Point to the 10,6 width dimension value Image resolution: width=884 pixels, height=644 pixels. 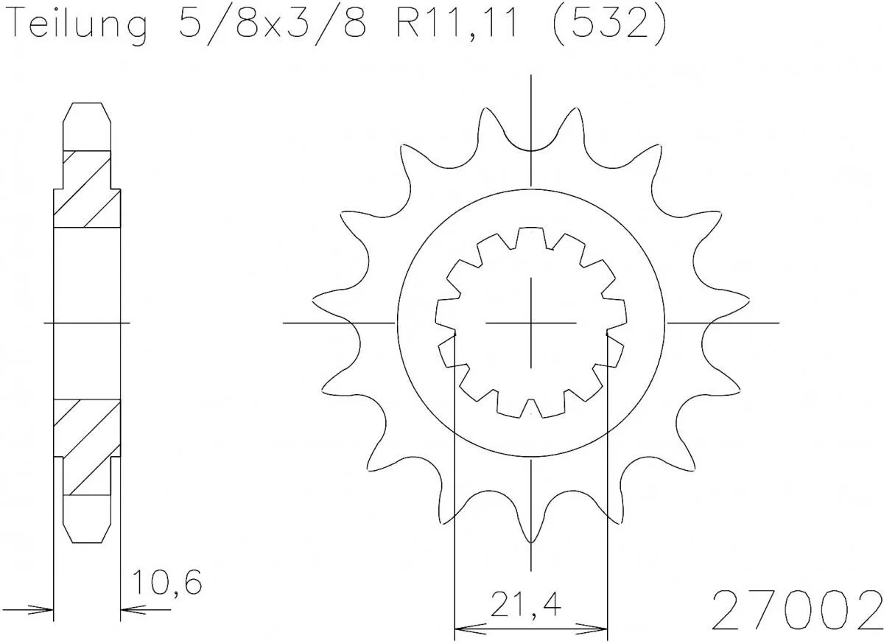166,584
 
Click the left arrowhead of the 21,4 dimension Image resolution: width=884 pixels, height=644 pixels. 464,631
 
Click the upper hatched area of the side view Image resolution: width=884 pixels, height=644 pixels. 87,190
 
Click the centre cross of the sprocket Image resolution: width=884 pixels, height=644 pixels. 531,323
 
